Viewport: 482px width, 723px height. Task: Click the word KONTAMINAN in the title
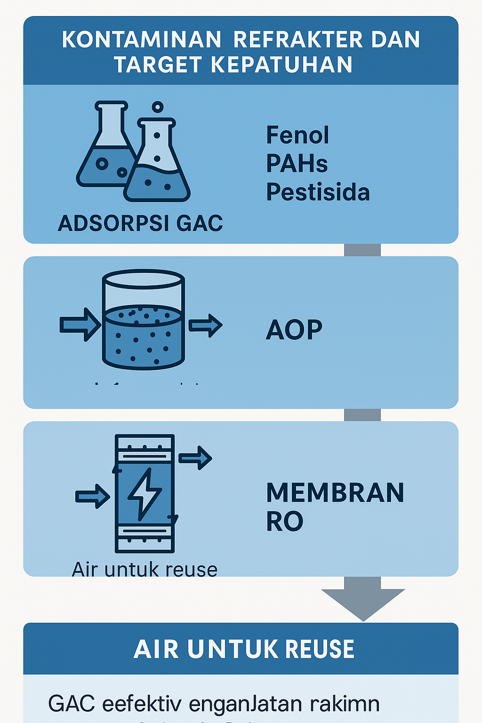click(141, 40)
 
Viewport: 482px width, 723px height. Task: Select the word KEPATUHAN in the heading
click(281, 64)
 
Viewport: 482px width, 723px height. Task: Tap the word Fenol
click(297, 135)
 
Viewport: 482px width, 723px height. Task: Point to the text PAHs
click(297, 163)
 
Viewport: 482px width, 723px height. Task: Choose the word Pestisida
click(318, 192)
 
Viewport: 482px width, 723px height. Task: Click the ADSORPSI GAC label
click(140, 223)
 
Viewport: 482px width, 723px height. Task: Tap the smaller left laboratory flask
click(105, 151)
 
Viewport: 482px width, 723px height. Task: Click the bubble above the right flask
click(158, 107)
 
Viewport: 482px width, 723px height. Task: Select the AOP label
click(294, 329)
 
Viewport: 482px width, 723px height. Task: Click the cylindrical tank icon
click(143, 320)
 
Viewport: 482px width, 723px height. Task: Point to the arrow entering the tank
click(80, 324)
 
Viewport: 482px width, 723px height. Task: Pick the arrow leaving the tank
click(205, 325)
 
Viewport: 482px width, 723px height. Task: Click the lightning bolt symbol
click(145, 494)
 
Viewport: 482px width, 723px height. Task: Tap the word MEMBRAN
click(335, 493)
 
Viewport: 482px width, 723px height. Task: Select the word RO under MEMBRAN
click(284, 522)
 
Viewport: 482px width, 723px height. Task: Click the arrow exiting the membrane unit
click(195, 458)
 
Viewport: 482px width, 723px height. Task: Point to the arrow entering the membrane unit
click(93, 496)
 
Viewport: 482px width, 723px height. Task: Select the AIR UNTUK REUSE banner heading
click(244, 649)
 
